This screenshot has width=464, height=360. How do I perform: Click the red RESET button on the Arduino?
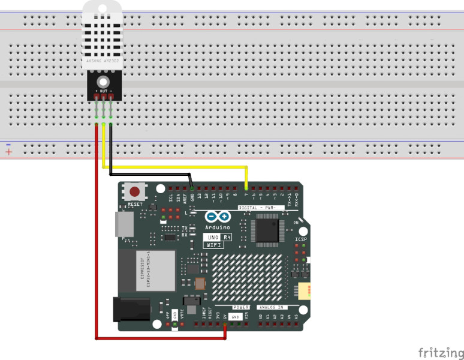(x=136, y=193)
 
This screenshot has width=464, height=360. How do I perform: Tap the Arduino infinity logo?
(x=218, y=217)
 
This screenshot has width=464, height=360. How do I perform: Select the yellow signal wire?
(x=180, y=167)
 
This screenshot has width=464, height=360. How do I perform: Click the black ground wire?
(x=150, y=174)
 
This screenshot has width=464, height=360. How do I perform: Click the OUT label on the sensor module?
(x=103, y=91)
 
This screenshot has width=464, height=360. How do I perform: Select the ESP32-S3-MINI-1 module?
(x=146, y=271)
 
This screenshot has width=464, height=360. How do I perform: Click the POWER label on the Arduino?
(x=241, y=307)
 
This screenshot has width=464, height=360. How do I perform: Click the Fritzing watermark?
(x=441, y=352)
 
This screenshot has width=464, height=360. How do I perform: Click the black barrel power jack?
(x=133, y=310)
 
